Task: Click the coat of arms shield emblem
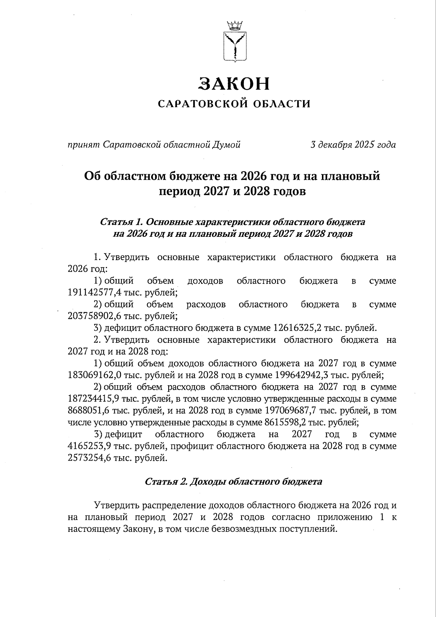[x=234, y=47]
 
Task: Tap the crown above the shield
[x=234, y=25]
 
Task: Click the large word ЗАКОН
[x=234, y=84]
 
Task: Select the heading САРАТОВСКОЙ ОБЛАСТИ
[x=234, y=104]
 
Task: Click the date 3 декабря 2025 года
[x=353, y=145]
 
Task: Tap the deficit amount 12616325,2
[x=302, y=328]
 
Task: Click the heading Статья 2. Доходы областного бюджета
[x=234, y=482]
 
